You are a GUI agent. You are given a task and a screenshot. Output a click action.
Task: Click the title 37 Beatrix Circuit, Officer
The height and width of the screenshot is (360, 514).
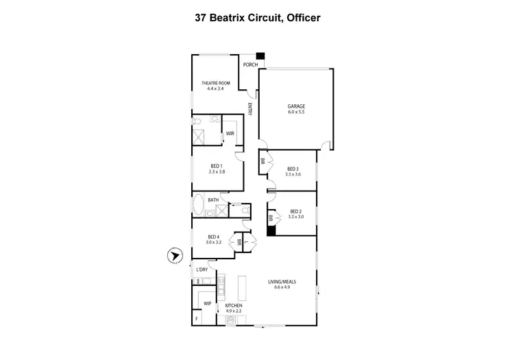257,19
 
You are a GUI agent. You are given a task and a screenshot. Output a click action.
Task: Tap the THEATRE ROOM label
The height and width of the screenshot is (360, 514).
215,84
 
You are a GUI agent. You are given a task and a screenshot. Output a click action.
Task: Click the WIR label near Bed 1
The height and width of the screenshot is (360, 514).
230,133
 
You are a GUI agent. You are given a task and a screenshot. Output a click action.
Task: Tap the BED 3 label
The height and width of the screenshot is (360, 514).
293,169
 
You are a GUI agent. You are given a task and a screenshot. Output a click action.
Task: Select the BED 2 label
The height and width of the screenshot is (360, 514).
296,211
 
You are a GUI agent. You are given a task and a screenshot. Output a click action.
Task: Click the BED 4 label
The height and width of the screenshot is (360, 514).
214,237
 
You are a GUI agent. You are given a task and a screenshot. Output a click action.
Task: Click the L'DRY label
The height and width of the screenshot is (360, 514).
202,270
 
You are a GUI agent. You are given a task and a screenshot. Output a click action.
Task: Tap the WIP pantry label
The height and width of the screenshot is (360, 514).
207,302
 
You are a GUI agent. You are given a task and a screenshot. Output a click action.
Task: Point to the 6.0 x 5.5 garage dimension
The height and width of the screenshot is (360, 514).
295,112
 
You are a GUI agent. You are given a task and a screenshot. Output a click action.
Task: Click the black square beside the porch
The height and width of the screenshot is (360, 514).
260,58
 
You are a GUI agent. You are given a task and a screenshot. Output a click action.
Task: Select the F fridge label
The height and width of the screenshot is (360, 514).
197,320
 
